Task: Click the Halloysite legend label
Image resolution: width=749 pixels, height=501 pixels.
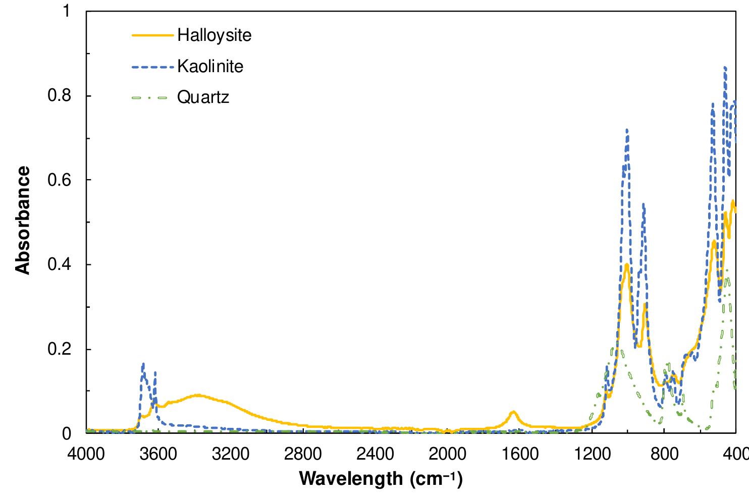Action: pos(214,35)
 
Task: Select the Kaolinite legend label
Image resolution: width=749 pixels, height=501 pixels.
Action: pos(210,66)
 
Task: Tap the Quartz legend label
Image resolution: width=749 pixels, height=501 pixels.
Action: pos(203,97)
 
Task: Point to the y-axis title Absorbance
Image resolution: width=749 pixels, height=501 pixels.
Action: pos(23,220)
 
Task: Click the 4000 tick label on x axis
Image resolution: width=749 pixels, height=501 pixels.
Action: pos(86,454)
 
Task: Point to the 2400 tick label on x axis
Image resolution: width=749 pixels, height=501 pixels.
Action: pos(375,454)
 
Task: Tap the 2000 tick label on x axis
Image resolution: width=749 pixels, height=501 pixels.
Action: pos(447,454)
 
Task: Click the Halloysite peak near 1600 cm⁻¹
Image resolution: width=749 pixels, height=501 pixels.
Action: pos(513,412)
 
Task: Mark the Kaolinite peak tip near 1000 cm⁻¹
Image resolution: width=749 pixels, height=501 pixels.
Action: pos(627,130)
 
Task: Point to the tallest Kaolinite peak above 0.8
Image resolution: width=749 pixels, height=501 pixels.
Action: pos(725,67)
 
